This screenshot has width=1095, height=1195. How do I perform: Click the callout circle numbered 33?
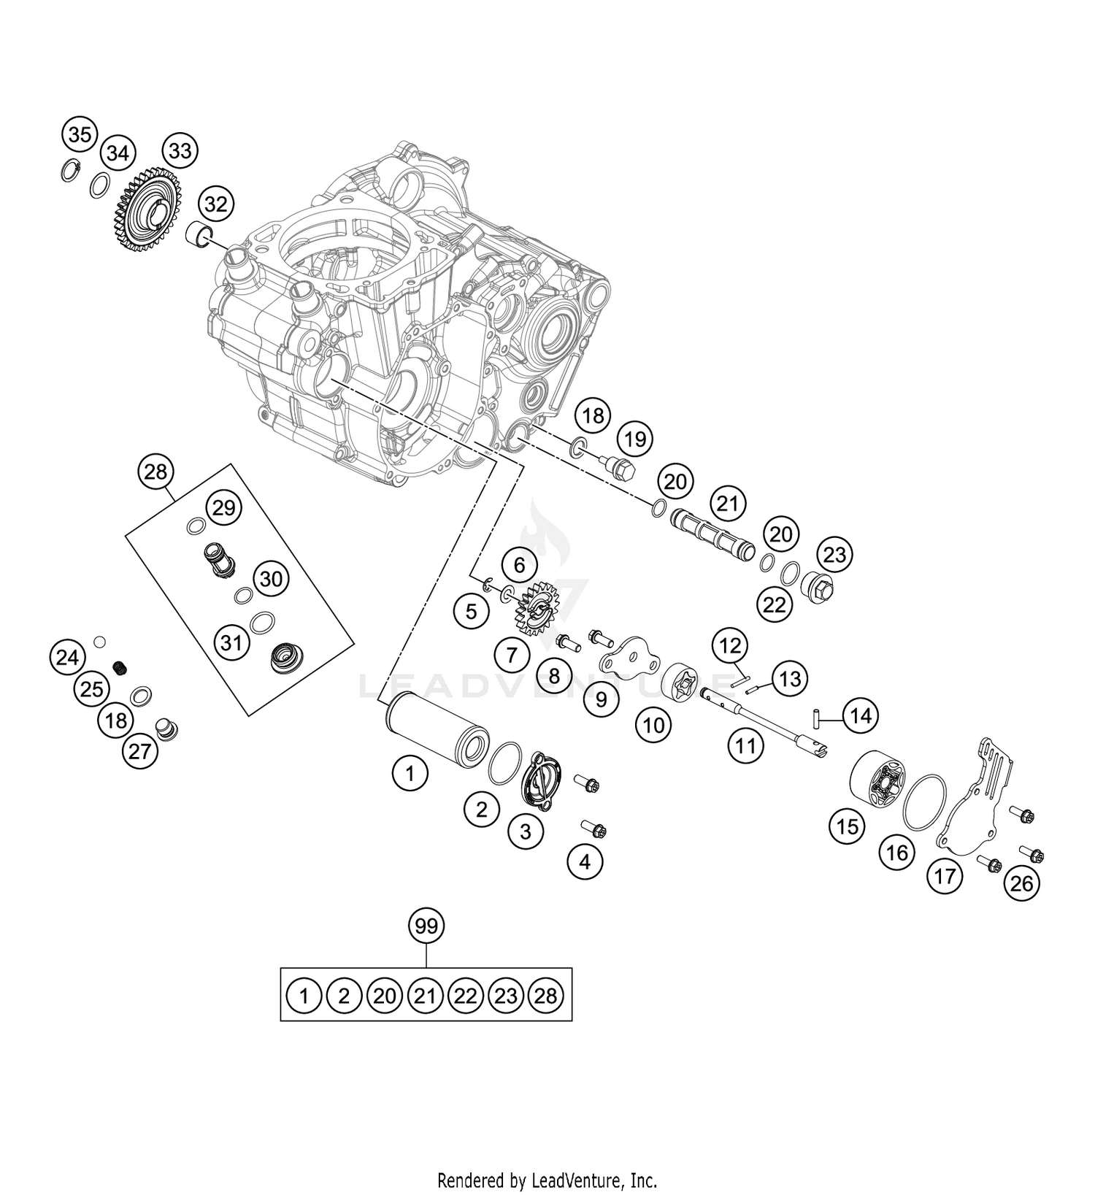coord(180,151)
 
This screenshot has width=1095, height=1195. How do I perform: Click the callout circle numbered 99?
coord(426,926)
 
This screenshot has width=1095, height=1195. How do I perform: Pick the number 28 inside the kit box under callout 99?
coord(545,995)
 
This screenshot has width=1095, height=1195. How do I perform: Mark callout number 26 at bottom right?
coord(1021,883)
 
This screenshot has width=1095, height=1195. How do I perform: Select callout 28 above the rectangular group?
coord(156,472)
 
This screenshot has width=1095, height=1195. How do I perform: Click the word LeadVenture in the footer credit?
coord(588,1180)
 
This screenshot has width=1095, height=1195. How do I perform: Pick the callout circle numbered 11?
coord(745,745)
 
